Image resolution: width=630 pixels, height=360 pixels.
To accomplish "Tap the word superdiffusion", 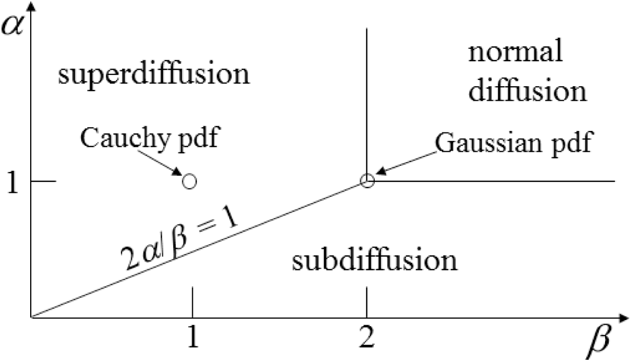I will (154, 75).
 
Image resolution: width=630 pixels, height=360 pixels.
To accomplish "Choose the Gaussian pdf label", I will (513, 143).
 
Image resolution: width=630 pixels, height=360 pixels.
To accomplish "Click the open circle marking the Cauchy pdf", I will (190, 181).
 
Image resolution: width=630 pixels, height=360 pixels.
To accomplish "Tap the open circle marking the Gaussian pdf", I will (367, 181).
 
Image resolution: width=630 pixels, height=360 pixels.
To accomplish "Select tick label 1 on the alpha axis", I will (11, 182).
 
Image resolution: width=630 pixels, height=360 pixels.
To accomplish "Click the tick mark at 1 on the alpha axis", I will (44, 181).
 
